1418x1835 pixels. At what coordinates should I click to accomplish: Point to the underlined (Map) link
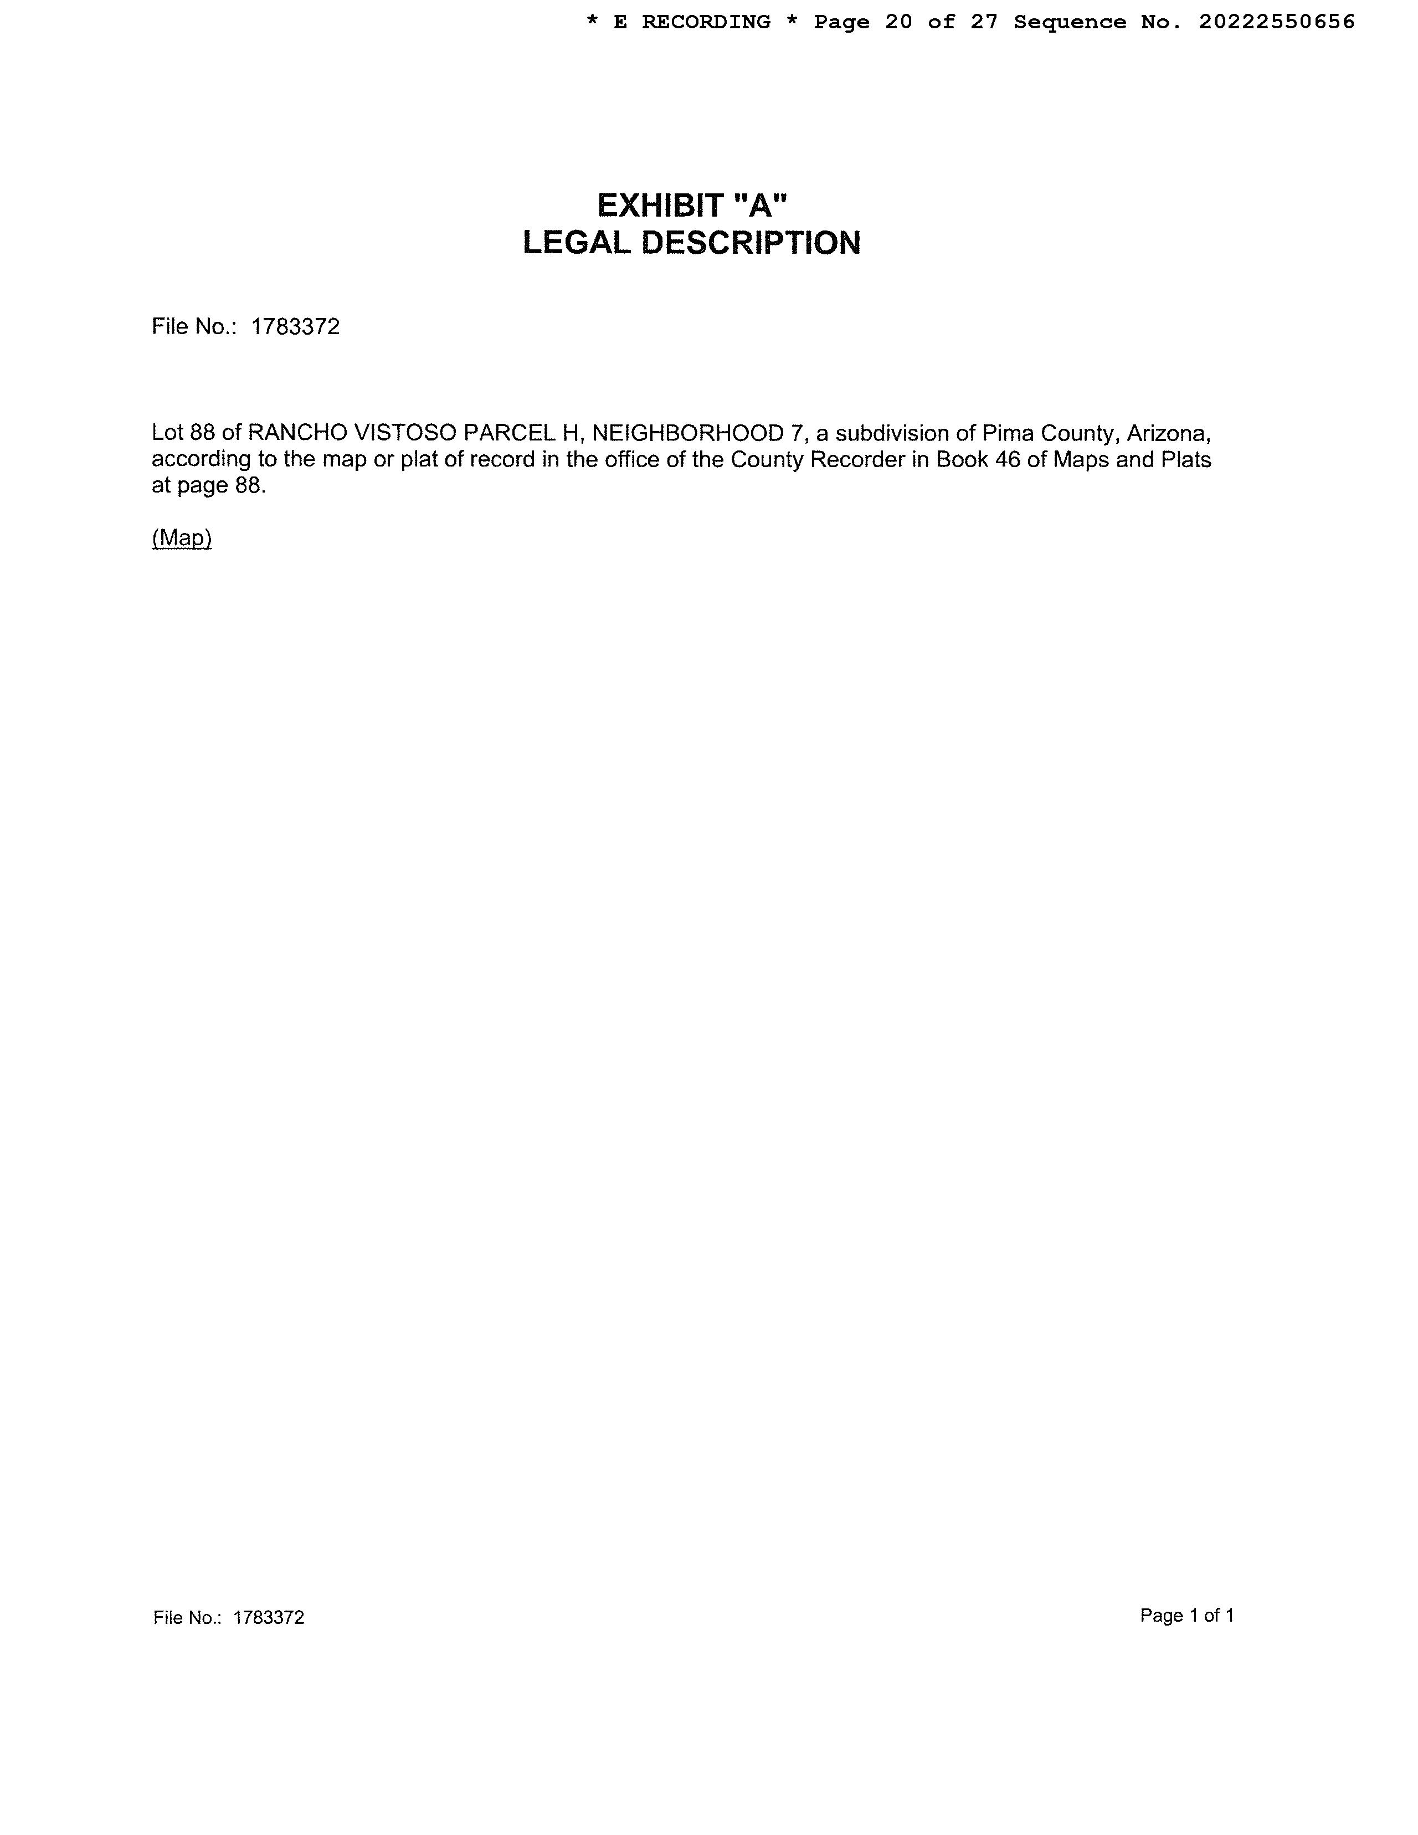click(x=182, y=538)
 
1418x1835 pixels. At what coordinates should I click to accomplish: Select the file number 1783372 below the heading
click(x=296, y=327)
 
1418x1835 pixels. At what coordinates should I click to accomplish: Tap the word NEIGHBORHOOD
click(x=687, y=434)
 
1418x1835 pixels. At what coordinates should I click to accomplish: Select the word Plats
click(x=1185, y=460)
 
